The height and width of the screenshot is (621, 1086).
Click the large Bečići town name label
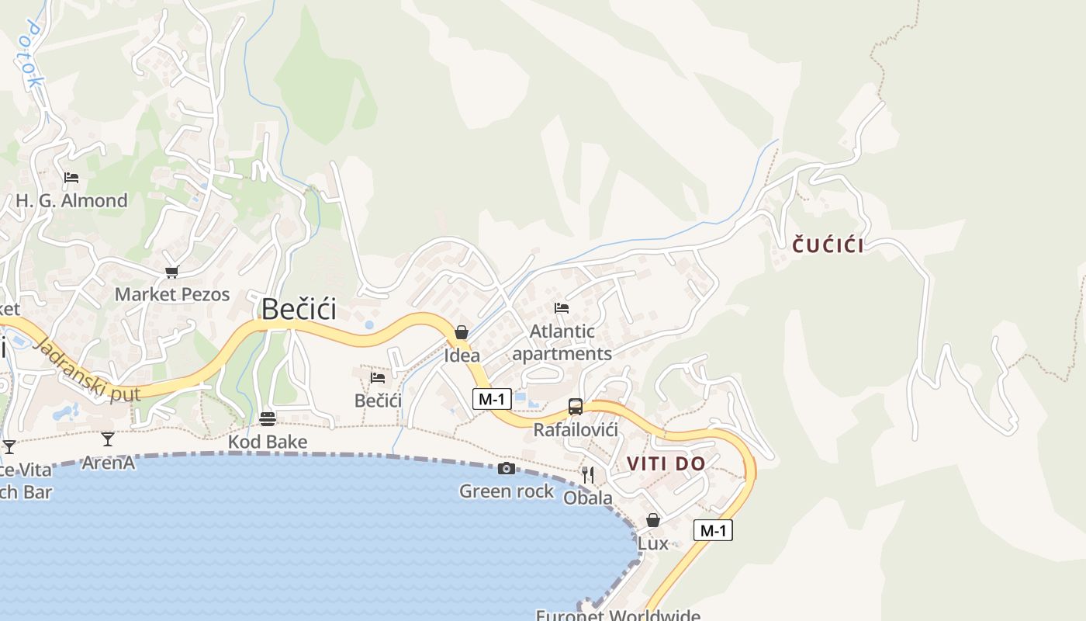[299, 309]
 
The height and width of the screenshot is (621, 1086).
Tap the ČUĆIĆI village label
[828, 246]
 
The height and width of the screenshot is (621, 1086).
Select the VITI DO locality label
[666, 464]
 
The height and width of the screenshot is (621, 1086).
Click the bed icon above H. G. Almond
[71, 178]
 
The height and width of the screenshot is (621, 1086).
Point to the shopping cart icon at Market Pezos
[171, 272]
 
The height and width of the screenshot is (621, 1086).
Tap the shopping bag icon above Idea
[462, 333]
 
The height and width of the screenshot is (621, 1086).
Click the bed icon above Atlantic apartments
[562, 308]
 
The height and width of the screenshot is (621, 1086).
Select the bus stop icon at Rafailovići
[576, 407]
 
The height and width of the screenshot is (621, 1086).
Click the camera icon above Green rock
[507, 468]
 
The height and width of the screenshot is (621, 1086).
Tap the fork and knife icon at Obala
[588, 474]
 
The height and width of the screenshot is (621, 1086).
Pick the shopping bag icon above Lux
[653, 520]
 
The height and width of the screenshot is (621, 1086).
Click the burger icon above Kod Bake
[268, 419]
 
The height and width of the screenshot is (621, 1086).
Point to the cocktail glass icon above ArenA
[108, 439]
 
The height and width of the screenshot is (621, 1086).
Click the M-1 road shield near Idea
[492, 399]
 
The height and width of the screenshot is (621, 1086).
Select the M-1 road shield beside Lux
[713, 531]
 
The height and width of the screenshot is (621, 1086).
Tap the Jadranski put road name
[87, 371]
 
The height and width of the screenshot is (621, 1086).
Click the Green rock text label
[507, 491]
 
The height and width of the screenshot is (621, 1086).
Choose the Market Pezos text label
[172, 294]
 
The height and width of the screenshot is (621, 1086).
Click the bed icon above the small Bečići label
[378, 378]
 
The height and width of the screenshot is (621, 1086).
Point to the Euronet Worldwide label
[617, 615]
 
